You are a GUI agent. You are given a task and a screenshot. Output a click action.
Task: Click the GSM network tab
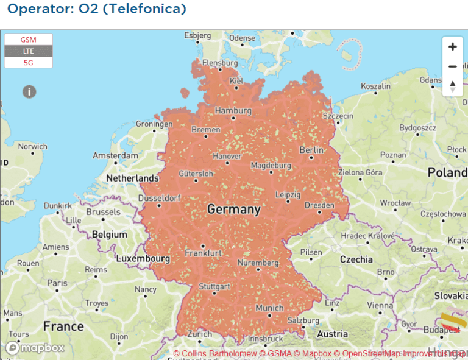point(29,40)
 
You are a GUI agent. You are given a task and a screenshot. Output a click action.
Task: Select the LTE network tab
point(29,51)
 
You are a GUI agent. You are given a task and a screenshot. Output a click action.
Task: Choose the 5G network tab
point(29,63)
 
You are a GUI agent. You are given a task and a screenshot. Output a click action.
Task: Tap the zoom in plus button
point(452,47)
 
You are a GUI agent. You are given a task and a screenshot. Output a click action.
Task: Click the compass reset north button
point(452,86)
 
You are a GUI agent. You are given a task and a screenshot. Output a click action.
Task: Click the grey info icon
point(29,91)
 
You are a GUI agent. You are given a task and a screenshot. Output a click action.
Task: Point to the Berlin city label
point(311,150)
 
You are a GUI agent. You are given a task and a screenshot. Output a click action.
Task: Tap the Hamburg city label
point(233,111)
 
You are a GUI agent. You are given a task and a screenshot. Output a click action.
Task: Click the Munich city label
point(269,308)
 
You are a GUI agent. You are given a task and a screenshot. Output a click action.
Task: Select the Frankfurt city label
point(203,252)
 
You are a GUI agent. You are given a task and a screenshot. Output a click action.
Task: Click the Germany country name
point(233,210)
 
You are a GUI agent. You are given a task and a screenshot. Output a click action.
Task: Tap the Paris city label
point(57,283)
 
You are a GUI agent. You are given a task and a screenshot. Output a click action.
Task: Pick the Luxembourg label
point(143,258)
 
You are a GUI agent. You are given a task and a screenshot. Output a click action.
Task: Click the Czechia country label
point(356,259)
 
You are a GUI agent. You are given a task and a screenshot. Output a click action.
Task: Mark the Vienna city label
point(380,306)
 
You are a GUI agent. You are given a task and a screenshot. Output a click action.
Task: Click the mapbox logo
point(35,348)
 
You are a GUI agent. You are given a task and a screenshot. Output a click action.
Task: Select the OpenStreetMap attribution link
point(370,353)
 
